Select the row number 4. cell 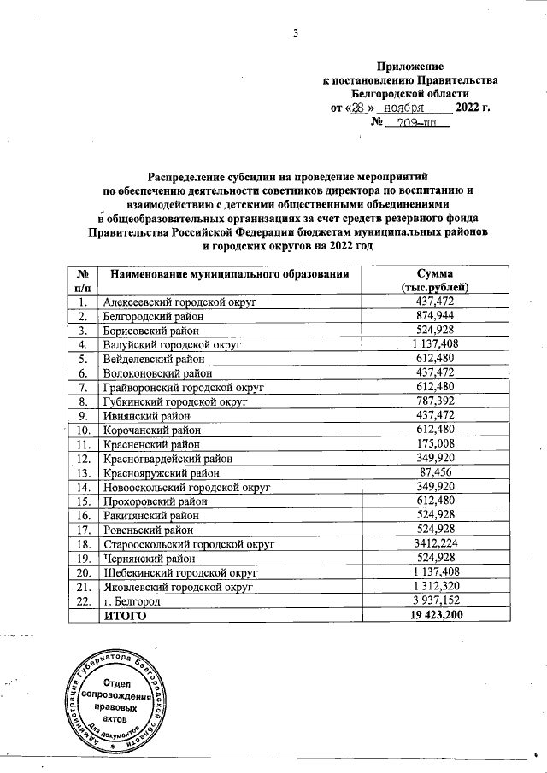83,344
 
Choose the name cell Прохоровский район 154,501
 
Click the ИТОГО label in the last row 125,614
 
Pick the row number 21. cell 83,586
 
